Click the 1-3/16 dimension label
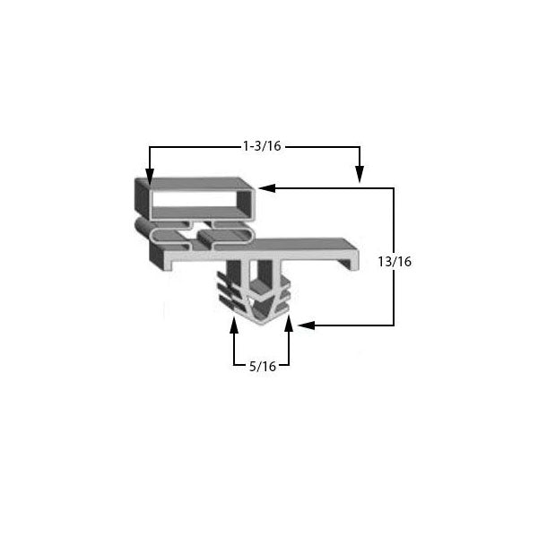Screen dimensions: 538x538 pyautogui.click(x=262, y=146)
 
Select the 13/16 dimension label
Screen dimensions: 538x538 pyautogui.click(x=395, y=262)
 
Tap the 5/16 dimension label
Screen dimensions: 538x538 pyautogui.click(x=263, y=367)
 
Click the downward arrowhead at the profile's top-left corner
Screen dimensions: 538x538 pyautogui.click(x=150, y=177)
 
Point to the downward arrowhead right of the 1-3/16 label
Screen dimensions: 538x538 pyautogui.click(x=360, y=174)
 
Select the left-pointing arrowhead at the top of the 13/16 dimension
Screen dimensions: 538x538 pyautogui.click(x=267, y=188)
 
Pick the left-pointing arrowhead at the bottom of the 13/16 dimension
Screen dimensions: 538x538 pyautogui.click(x=307, y=325)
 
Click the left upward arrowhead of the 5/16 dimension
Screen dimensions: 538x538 pyautogui.click(x=234, y=325)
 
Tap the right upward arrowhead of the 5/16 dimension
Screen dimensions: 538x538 pyautogui.click(x=289, y=324)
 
